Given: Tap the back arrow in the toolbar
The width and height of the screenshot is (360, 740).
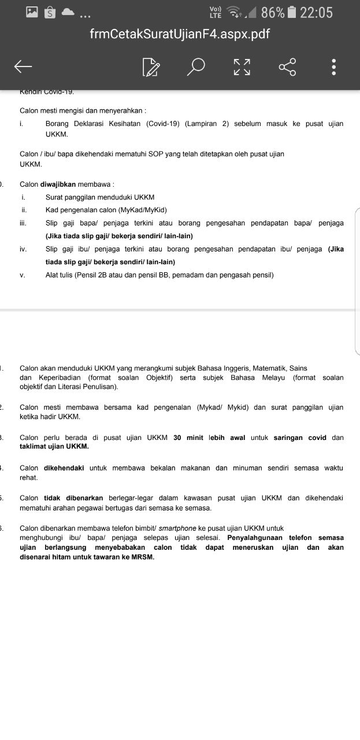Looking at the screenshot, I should click(x=23, y=67).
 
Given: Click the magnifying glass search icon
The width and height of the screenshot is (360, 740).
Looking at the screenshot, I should click(x=196, y=67).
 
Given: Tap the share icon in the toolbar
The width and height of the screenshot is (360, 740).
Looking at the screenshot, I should click(x=287, y=67).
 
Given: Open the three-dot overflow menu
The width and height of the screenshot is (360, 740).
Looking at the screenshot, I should click(x=334, y=67).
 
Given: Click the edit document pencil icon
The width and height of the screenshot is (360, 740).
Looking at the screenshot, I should click(x=151, y=67).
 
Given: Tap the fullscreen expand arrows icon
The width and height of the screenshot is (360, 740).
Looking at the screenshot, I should click(x=242, y=67).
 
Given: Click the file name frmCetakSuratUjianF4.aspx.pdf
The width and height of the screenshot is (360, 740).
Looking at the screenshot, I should click(x=180, y=34).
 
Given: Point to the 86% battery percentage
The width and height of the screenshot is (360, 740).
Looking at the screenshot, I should click(x=273, y=12).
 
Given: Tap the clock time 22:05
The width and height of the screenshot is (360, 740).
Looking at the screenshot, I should click(x=317, y=12).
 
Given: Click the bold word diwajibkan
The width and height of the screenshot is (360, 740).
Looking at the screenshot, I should click(x=58, y=184).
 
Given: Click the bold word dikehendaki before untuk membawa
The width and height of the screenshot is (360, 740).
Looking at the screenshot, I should click(x=65, y=468).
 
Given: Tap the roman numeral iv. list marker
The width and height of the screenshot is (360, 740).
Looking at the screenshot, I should click(x=23, y=249).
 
